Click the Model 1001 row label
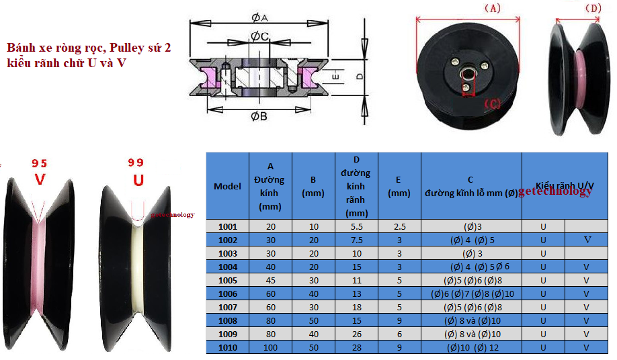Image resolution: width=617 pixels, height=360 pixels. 227,227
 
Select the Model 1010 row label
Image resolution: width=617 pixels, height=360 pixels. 227,347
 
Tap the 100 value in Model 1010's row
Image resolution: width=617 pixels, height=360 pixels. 271,347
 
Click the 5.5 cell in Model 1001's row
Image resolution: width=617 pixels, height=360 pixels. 356,227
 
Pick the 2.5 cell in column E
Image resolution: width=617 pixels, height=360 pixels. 399,227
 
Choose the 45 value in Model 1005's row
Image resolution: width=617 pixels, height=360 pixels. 271,280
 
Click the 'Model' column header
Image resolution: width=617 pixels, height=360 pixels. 227,186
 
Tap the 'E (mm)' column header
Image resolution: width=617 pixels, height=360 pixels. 399,186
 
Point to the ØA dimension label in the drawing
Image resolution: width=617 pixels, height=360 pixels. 259,18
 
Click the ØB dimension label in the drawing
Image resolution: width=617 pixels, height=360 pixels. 259,116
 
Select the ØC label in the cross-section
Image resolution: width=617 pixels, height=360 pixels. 259,36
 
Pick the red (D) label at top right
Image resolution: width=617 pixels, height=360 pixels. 593,8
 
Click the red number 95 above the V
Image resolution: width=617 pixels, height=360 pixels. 40,163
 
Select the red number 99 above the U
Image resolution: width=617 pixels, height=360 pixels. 136,163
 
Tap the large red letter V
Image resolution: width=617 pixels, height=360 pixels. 40,179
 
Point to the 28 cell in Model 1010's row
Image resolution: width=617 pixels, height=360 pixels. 356,347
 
